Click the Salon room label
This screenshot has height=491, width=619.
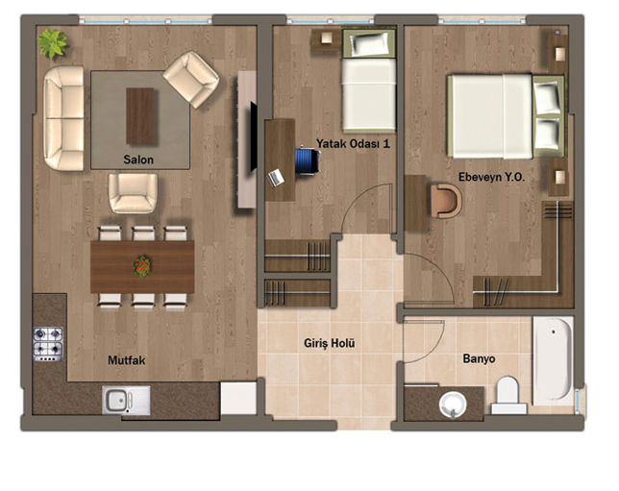tap(138, 160)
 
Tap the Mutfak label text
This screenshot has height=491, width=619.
tap(127, 360)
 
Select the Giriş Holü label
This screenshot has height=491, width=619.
tap(330, 343)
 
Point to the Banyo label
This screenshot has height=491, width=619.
tap(479, 358)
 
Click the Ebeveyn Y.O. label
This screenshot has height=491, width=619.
tap(491, 177)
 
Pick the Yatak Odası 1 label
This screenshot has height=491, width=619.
tap(353, 144)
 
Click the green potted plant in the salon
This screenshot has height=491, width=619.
tap(53, 43)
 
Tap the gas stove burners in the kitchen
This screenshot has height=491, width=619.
tap(48, 344)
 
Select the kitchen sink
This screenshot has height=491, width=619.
tap(126, 401)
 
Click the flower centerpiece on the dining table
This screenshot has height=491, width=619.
tap(142, 266)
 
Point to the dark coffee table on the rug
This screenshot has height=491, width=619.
tap(140, 116)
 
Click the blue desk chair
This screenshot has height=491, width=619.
tap(308, 160)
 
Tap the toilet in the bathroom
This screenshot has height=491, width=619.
tap(508, 395)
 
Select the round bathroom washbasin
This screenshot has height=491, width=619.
tap(453, 405)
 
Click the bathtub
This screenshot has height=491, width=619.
tap(553, 361)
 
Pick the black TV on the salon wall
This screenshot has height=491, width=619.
tap(254, 136)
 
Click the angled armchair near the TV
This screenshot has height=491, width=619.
tap(191, 80)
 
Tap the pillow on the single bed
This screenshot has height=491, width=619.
tap(369, 43)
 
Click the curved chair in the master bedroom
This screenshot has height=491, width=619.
tap(446, 201)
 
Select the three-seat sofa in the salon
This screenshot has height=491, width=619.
tap(64, 118)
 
